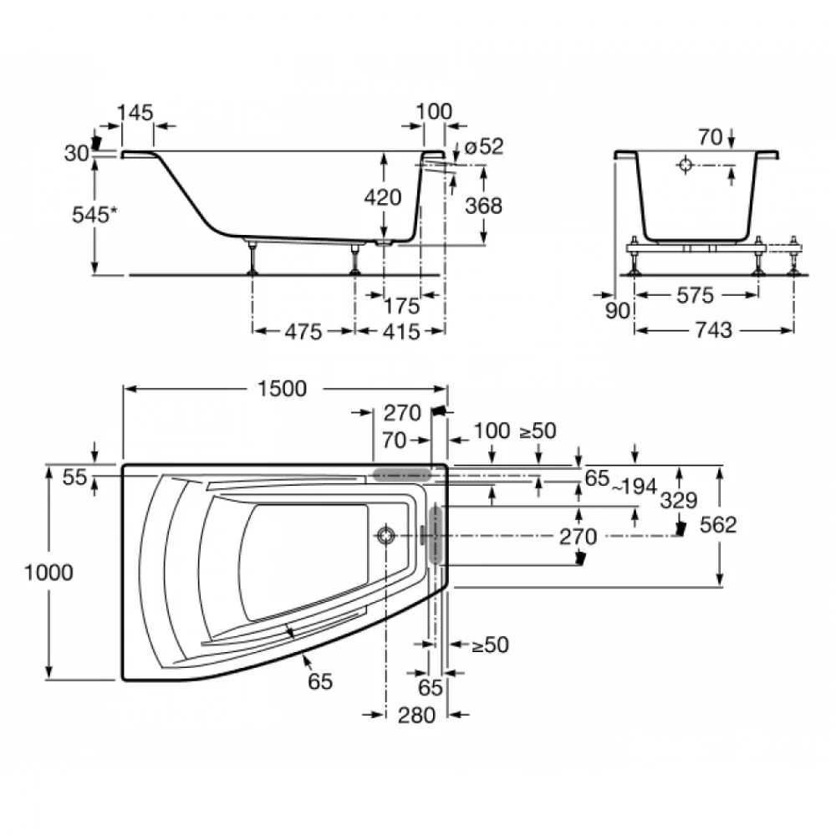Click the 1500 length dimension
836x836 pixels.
(282, 389)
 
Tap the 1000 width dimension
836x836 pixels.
(48, 573)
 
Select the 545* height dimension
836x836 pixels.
(94, 214)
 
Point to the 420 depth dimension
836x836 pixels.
(383, 197)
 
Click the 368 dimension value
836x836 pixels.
(483, 206)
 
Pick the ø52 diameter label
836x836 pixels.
(483, 146)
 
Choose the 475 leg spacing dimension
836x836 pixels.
(303, 332)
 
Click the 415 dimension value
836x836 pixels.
(401, 332)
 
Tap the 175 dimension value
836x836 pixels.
(402, 306)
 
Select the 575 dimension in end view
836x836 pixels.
(695, 295)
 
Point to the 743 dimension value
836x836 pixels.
(714, 330)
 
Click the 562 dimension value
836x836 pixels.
(718, 525)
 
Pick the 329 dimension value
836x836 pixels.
(678, 500)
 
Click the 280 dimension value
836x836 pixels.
(416, 715)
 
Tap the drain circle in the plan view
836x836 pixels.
(385, 535)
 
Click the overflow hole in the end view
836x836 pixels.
(686, 165)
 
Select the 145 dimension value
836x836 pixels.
(135, 113)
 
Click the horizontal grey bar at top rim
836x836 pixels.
(402, 475)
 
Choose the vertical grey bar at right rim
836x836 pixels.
(436, 534)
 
